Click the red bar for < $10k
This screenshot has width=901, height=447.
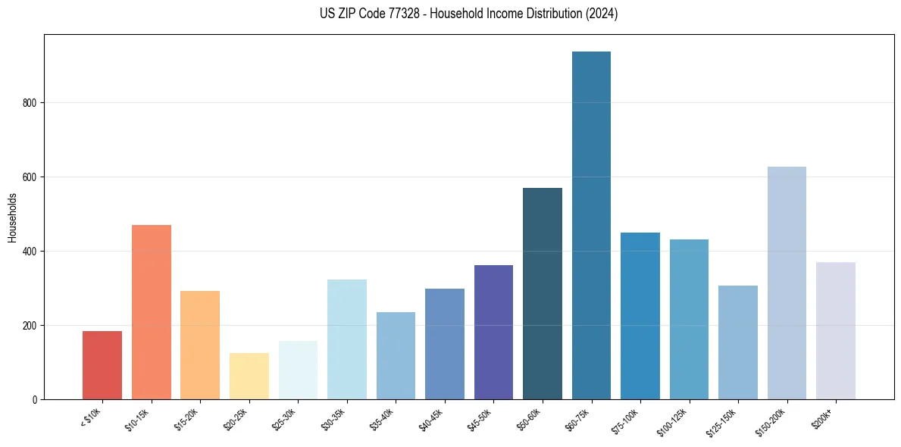click(102, 365)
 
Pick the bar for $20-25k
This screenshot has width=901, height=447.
click(249, 376)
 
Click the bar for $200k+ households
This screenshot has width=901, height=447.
click(836, 331)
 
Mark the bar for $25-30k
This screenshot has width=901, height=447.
click(298, 370)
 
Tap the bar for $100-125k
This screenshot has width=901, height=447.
click(689, 319)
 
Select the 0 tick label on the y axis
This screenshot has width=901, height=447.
click(35, 400)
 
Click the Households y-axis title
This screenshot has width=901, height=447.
click(12, 217)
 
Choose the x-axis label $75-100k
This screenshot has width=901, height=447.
click(627, 420)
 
